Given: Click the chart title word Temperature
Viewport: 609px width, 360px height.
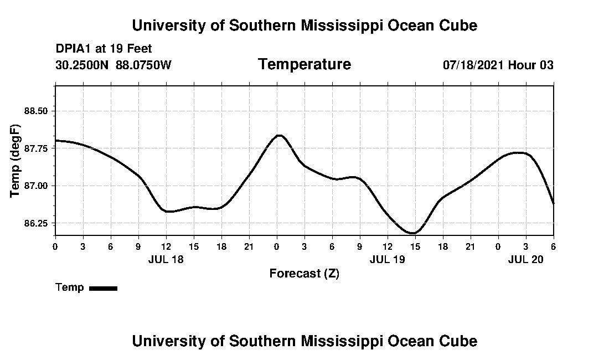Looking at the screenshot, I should point(304,65).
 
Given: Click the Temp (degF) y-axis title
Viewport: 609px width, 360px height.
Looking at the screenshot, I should point(16,161).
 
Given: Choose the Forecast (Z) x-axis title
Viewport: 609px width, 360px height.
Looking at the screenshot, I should point(304,273).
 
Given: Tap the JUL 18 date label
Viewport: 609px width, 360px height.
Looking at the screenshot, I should point(166,259).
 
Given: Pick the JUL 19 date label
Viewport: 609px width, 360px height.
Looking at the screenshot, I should point(387,259).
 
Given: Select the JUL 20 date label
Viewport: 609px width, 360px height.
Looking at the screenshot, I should point(525,259).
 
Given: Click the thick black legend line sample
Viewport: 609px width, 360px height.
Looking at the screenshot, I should point(103,288).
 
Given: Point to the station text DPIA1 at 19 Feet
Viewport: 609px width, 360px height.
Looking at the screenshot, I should point(104,49).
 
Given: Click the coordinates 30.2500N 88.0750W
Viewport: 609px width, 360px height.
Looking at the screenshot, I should point(113,65).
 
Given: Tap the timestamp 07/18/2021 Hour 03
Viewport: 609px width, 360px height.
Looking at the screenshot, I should point(498,65).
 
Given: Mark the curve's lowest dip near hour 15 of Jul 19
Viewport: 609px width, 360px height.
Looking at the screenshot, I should point(413,233).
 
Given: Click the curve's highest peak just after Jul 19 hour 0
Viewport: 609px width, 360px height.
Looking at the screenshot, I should point(279,135).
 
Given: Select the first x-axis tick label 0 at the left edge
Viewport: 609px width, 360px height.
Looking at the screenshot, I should point(55,246).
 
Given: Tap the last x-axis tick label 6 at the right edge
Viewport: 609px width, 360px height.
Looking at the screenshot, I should point(553,246).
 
